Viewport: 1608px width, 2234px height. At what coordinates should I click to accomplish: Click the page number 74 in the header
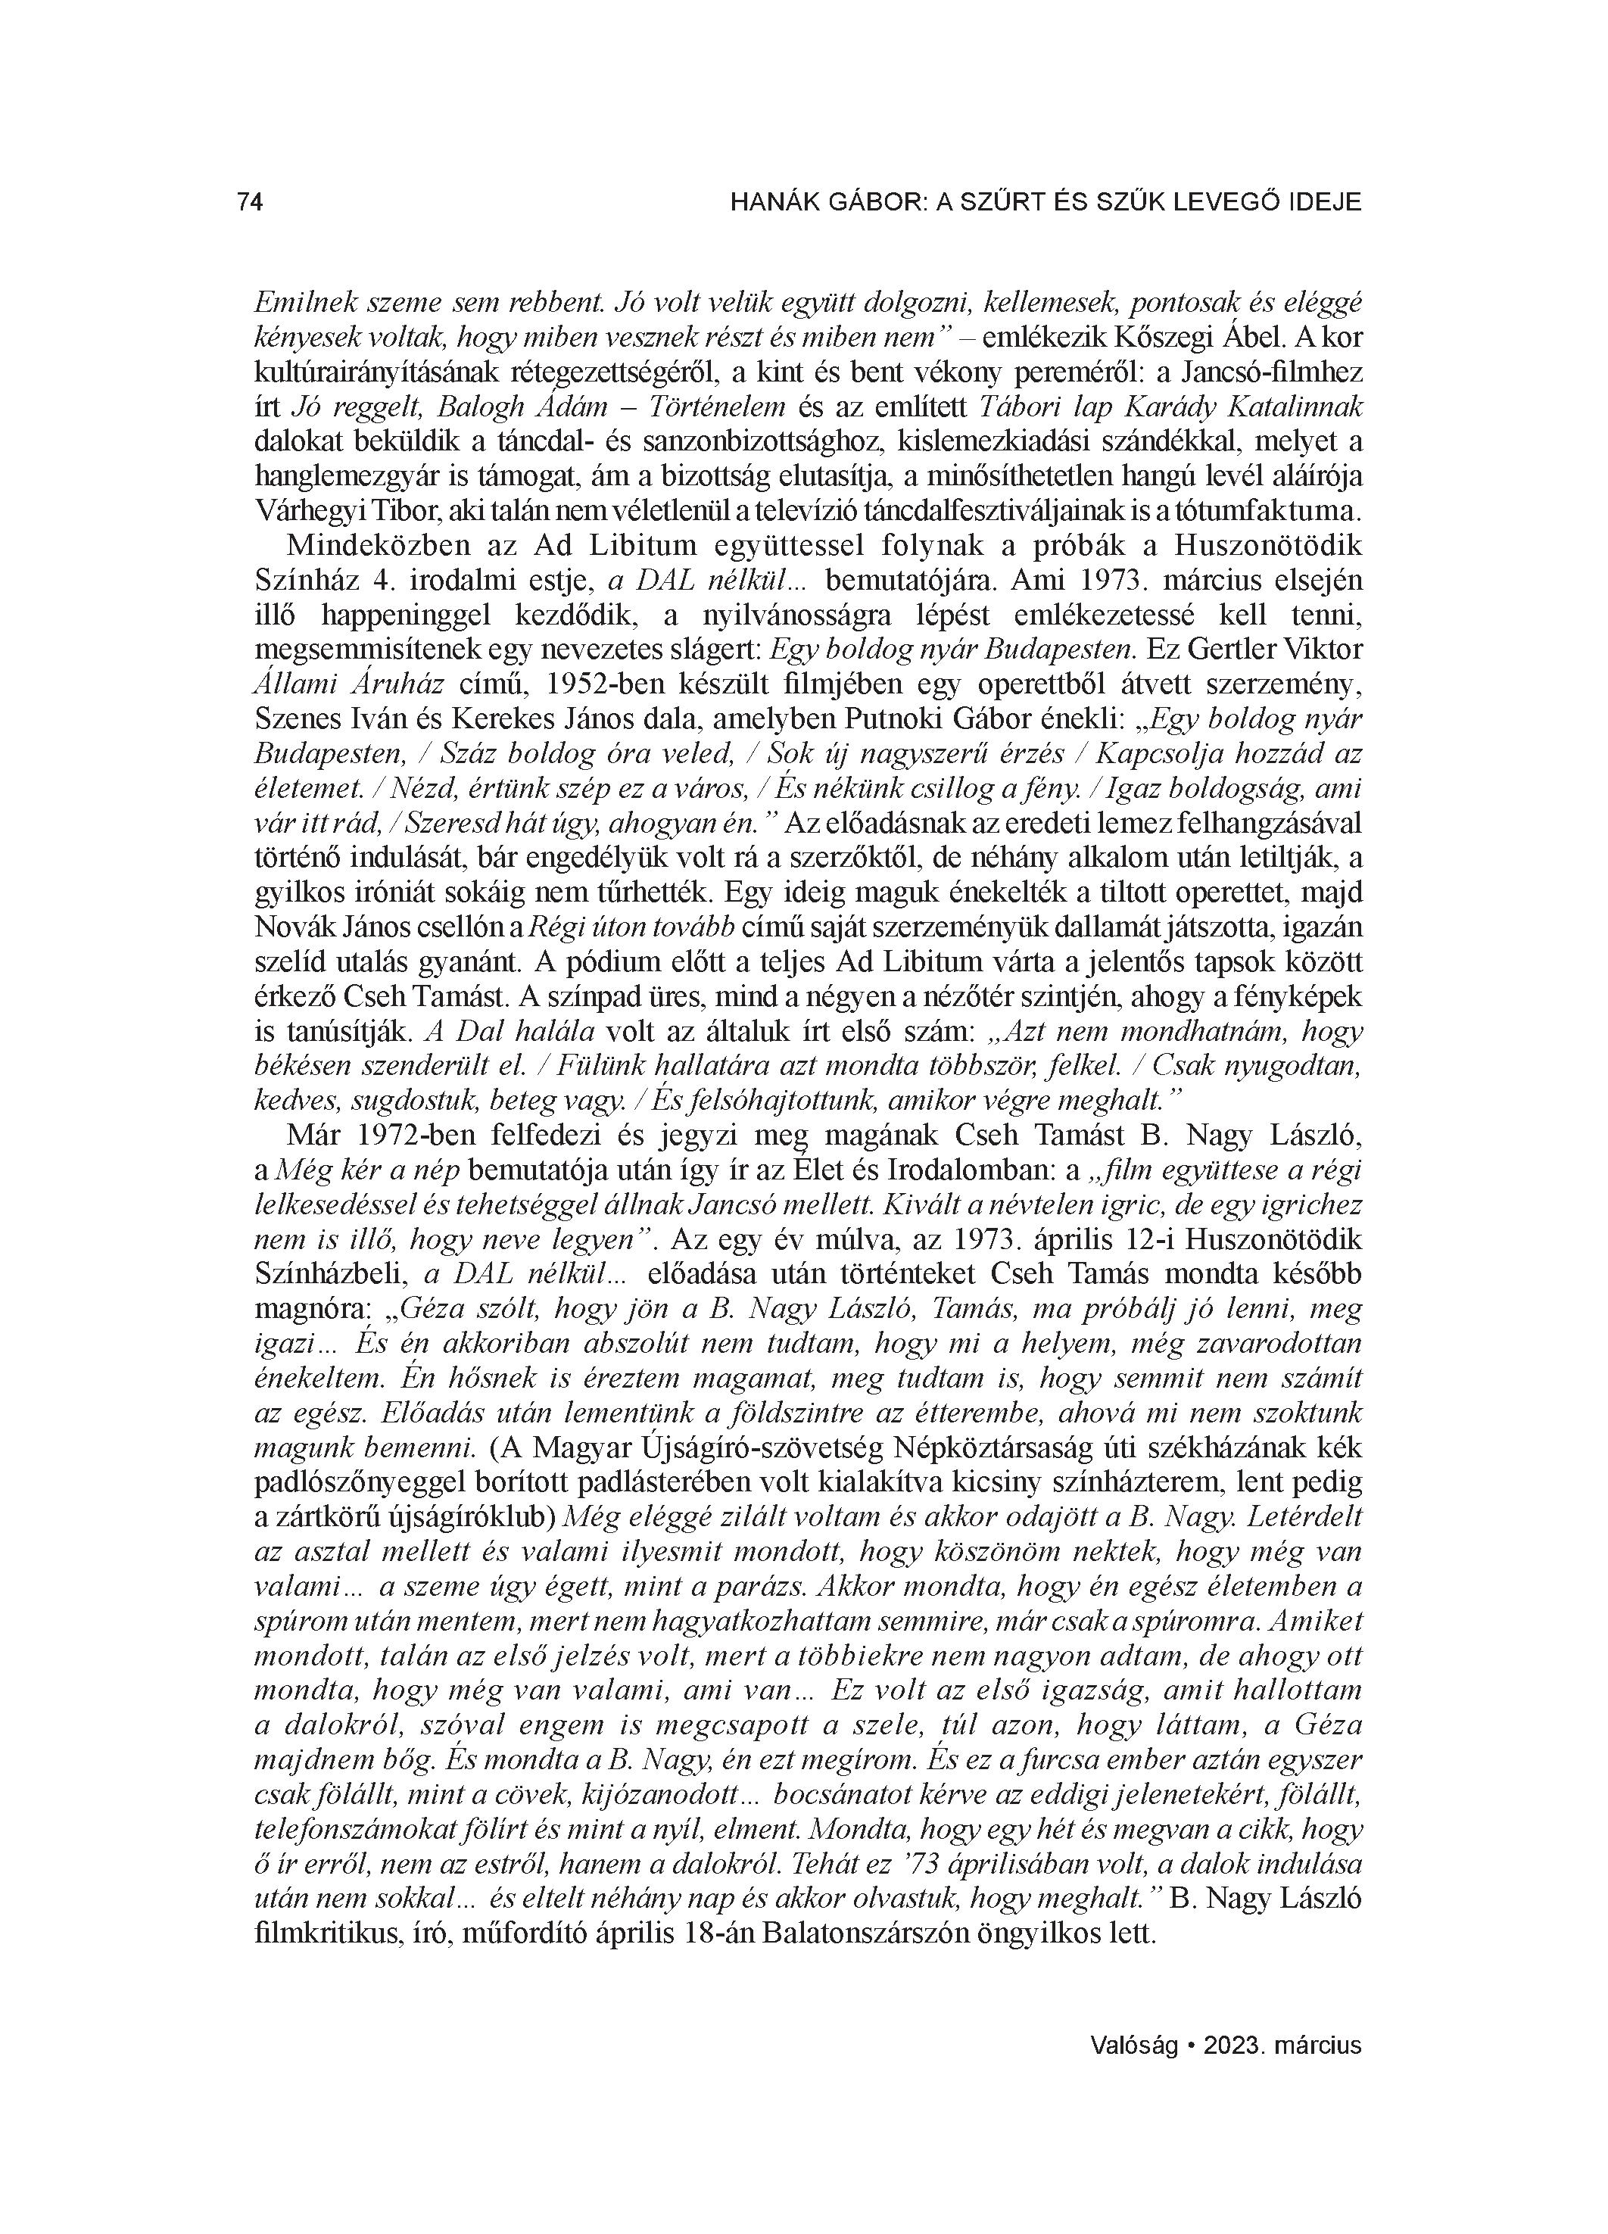[251, 202]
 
